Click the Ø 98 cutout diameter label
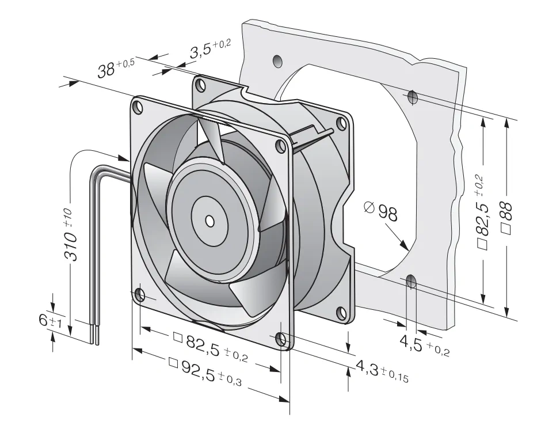381,212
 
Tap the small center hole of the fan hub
209,221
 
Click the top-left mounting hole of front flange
138,107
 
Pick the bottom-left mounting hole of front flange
140,295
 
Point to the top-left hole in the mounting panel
277,61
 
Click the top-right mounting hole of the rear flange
341,123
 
